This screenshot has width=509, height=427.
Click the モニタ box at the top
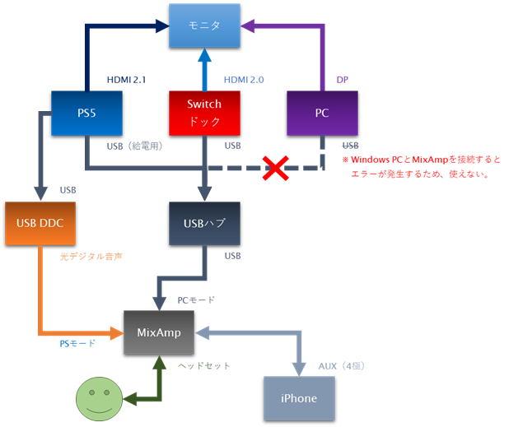pos(204,26)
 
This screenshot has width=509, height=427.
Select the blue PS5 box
pos(86,113)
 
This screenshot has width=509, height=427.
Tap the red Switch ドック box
pos(204,113)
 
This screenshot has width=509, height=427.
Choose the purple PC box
pos(322,113)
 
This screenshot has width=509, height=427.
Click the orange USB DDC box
pos(39,223)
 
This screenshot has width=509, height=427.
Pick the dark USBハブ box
pos(204,223)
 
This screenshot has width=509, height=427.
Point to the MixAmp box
pos(160,332)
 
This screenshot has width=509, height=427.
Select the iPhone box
pos(298,398)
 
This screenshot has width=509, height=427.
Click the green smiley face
pos(98,399)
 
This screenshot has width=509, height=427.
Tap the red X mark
pos(275,169)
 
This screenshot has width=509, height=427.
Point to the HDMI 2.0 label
pos(245,79)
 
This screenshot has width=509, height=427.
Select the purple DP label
pos(343,79)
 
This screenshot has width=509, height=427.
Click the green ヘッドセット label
pos(204,365)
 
